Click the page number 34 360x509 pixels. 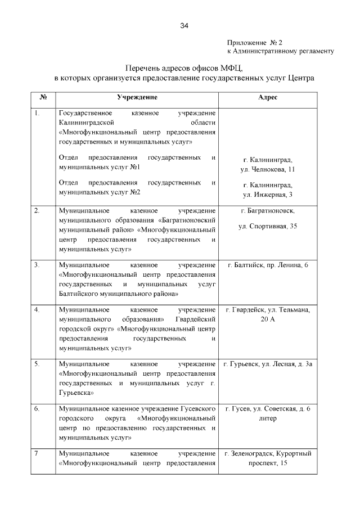pyautogui.click(x=184, y=25)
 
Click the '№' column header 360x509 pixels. pyautogui.click(x=43, y=97)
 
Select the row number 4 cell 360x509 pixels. pyautogui.click(x=37, y=310)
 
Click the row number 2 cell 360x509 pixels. pyautogui.click(x=37, y=211)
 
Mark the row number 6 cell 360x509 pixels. pyautogui.click(x=37, y=408)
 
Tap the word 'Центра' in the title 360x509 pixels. pyautogui.click(x=300, y=76)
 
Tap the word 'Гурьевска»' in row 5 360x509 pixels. pyautogui.click(x=76, y=393)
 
